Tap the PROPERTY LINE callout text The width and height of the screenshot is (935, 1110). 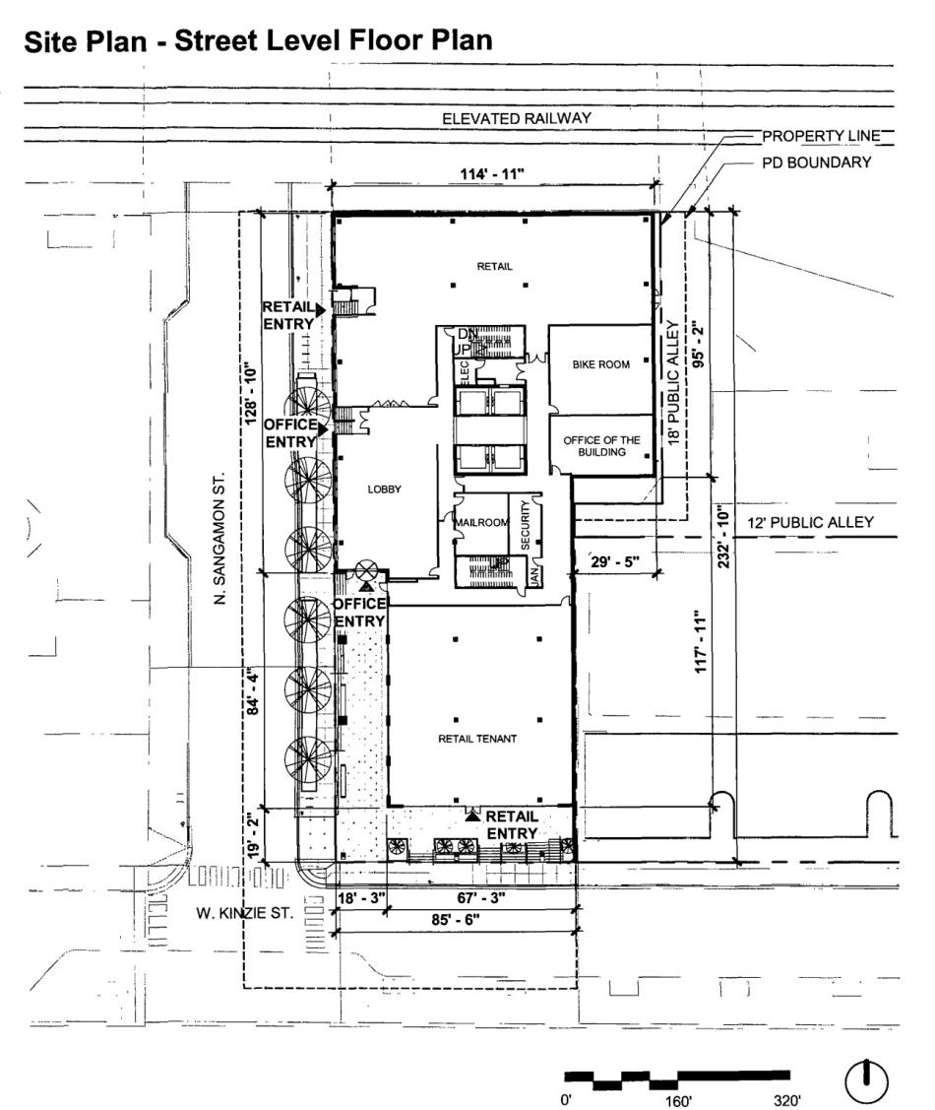pos(817,136)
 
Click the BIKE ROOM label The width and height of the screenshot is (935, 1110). pos(599,364)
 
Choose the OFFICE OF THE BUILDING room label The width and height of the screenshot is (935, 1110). pos(601,446)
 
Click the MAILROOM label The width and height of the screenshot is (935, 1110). pos(479,523)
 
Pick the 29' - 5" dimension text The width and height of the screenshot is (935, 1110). pos(614,561)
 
